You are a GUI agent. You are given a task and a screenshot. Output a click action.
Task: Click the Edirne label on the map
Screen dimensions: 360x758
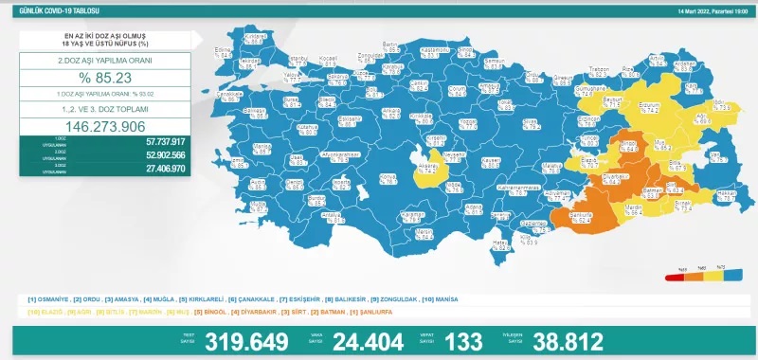pyautogui.click(x=224, y=49)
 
